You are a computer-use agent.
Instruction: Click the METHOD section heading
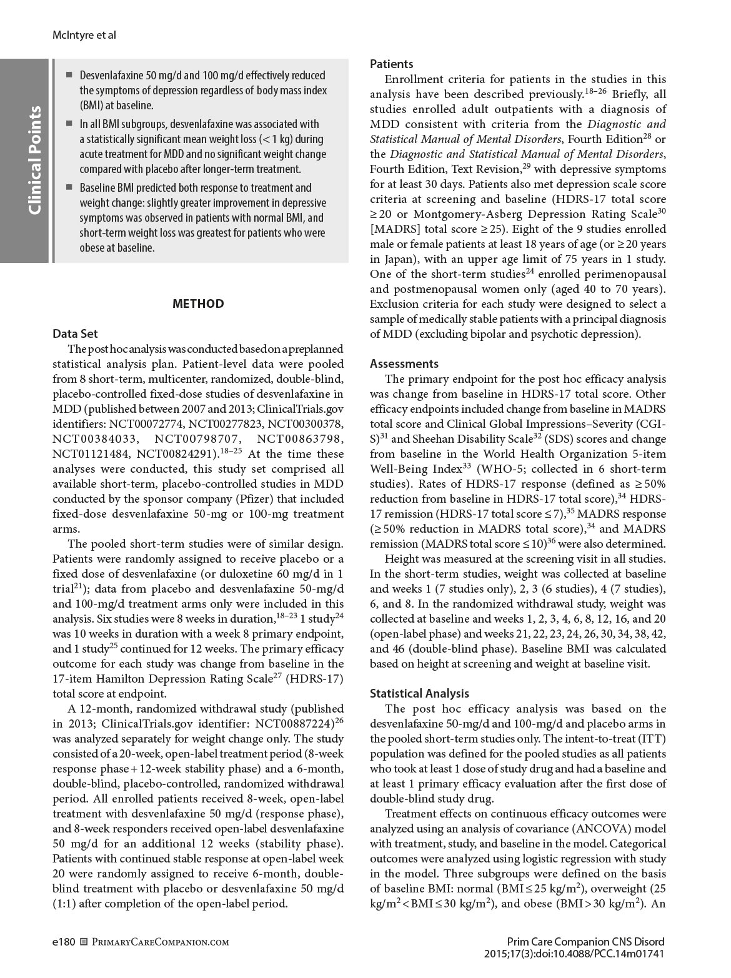tap(197, 304)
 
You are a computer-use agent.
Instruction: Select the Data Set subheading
tap(75, 333)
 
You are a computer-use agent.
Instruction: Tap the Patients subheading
tap(392, 64)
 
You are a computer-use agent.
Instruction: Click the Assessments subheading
tap(404, 363)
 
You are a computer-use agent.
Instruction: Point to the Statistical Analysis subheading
tap(419, 693)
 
